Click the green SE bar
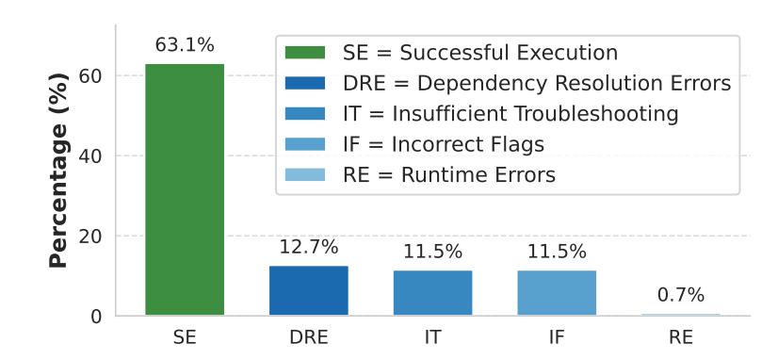click(x=185, y=189)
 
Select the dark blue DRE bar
click(x=309, y=290)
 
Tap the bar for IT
click(x=432, y=292)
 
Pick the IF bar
click(x=557, y=292)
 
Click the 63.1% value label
click(x=185, y=45)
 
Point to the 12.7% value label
click(x=309, y=247)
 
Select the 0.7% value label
click(x=681, y=296)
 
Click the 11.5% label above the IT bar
click(x=432, y=252)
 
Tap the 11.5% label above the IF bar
click(x=557, y=252)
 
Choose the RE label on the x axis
click(x=681, y=338)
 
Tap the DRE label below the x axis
click(x=309, y=338)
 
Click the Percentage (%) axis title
click(x=58, y=171)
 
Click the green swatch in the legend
click(x=305, y=53)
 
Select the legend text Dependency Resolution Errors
click(x=574, y=84)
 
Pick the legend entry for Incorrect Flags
click(x=414, y=144)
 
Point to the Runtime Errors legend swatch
click(x=305, y=174)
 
